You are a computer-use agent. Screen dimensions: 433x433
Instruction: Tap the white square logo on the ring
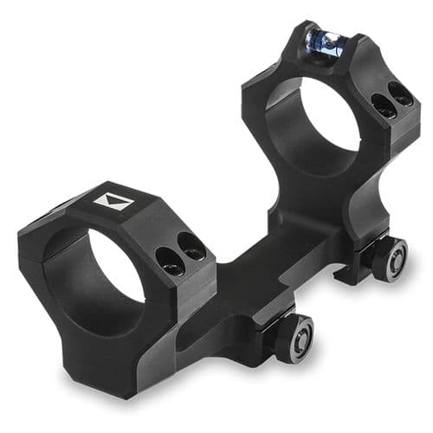point(114,204)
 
